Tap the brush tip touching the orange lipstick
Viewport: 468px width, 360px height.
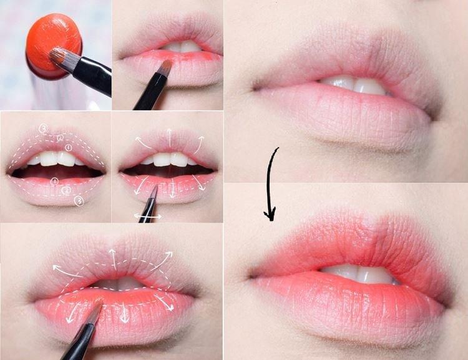[57, 57]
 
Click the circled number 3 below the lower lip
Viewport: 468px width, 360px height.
[79, 200]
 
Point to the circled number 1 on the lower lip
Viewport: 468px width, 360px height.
[55, 181]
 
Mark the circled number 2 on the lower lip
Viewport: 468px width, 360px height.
[66, 192]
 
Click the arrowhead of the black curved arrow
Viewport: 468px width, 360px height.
[270, 215]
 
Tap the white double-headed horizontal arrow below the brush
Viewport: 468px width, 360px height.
[148, 216]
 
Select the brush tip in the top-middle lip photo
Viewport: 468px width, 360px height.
[167, 65]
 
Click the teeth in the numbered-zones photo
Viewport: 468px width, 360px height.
[56, 159]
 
